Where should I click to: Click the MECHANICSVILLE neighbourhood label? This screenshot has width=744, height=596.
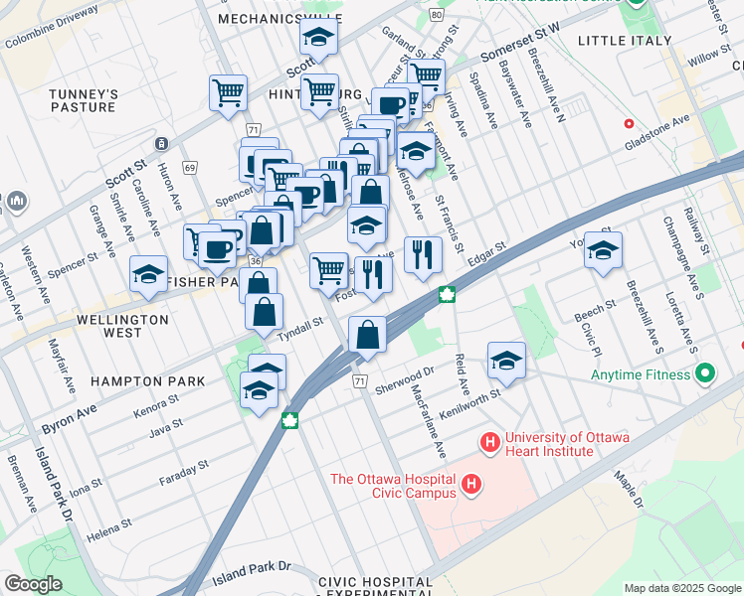coord(266,19)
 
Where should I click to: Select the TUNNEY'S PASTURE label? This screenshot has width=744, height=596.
coord(85,101)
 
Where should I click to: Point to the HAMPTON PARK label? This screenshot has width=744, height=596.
coord(147,381)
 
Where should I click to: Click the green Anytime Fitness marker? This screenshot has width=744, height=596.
coord(705,374)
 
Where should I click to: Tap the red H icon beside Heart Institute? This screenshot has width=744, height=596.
coord(489,440)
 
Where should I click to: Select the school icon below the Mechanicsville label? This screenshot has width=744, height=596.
coord(318,38)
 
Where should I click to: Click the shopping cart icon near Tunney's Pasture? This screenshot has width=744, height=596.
coord(228,92)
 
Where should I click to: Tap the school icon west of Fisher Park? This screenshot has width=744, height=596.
coord(148,274)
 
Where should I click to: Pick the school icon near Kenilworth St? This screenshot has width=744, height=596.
coord(506,361)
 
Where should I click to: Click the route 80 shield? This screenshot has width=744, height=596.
coord(436,15)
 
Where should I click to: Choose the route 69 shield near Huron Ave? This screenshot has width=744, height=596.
coord(189,167)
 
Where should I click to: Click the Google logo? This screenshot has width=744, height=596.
coord(33,584)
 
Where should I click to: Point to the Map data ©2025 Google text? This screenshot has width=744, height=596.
coord(681,588)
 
